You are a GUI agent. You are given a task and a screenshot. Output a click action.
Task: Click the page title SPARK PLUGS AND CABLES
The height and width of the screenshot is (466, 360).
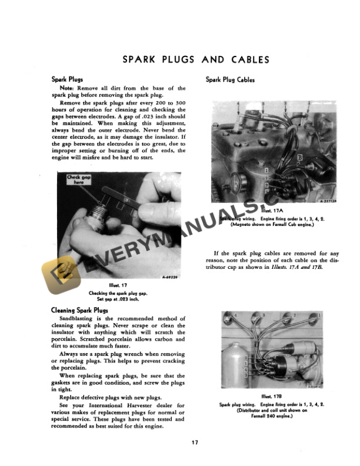(195, 59)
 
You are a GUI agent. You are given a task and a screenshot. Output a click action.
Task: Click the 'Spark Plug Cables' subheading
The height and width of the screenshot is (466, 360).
(230, 80)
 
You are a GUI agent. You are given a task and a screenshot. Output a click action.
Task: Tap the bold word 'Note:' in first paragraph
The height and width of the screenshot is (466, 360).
(68, 88)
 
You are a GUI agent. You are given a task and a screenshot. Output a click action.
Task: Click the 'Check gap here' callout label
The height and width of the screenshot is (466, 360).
(75, 179)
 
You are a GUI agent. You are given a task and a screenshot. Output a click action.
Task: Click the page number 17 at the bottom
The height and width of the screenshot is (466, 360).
(195, 442)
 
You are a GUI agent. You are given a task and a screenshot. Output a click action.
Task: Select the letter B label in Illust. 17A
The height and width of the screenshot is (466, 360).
(301, 158)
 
